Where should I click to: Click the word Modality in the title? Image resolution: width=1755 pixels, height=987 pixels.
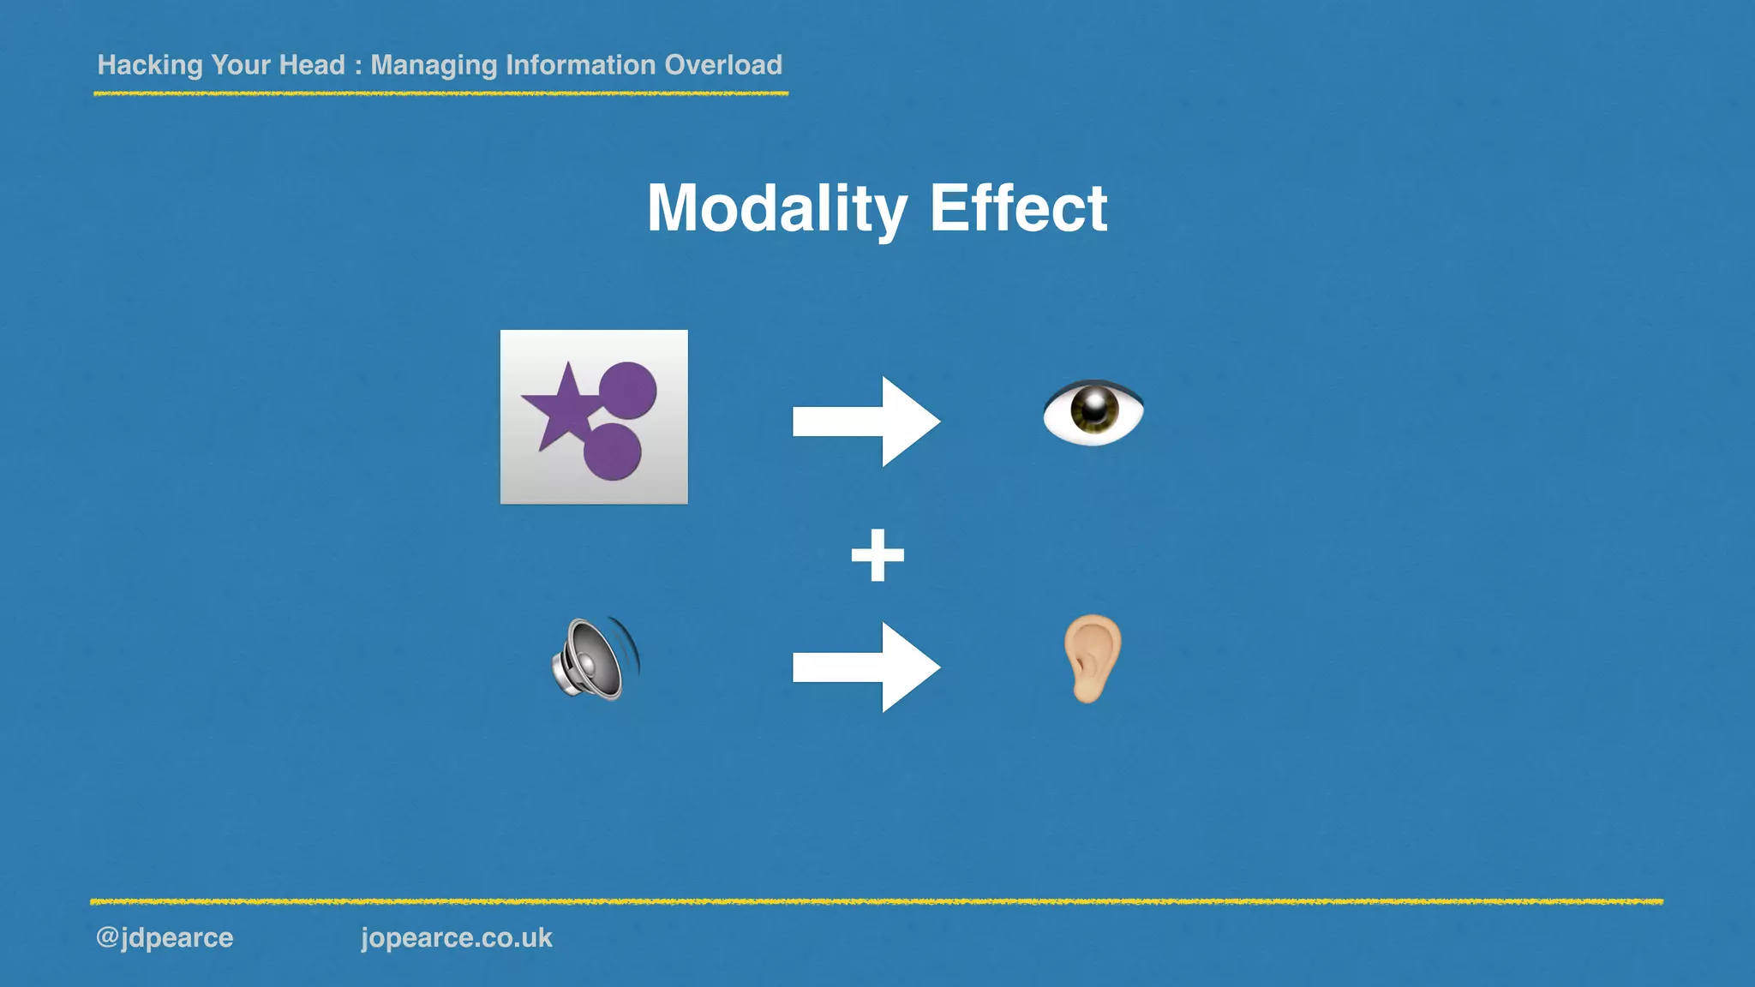(x=776, y=209)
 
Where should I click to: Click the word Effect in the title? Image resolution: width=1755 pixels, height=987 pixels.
(x=1018, y=209)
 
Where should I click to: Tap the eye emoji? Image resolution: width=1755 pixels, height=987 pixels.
(x=1093, y=412)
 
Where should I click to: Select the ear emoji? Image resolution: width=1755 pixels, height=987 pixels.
(x=1092, y=658)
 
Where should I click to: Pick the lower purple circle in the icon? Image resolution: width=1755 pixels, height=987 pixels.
(x=612, y=451)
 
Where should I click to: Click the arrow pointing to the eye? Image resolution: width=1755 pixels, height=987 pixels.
(x=866, y=422)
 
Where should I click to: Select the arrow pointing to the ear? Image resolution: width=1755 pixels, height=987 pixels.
(x=866, y=667)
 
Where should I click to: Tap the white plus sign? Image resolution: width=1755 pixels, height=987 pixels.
(x=877, y=556)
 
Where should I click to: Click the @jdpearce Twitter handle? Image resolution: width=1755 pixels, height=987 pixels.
(x=165, y=937)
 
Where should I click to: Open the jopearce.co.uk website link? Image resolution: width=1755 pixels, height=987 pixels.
(x=456, y=937)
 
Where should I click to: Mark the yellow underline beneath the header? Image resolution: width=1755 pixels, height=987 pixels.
(x=440, y=93)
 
